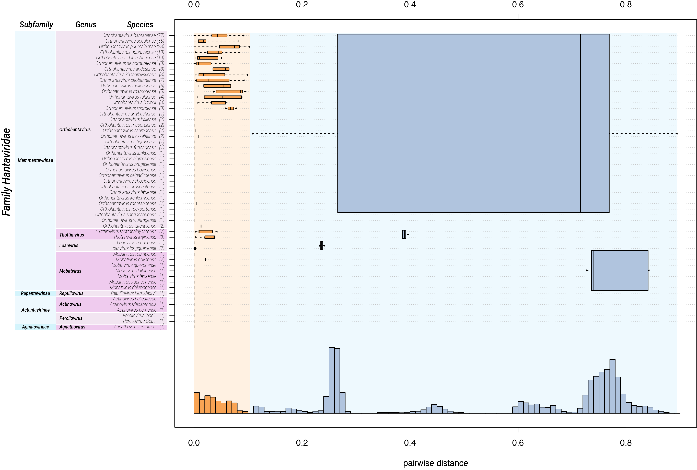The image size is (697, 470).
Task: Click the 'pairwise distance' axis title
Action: click(x=435, y=463)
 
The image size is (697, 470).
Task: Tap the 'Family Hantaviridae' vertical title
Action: click(x=7, y=172)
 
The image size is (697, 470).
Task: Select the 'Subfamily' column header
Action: click(x=36, y=25)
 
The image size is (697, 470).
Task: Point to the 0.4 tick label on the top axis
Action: click(x=410, y=5)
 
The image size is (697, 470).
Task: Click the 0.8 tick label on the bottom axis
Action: click(x=626, y=443)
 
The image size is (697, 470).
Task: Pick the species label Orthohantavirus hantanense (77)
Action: click(x=133, y=35)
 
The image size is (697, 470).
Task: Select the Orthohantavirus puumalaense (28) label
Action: click(x=131, y=46)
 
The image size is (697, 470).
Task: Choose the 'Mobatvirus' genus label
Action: click(x=70, y=271)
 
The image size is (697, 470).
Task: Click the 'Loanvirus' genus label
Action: click(x=69, y=245)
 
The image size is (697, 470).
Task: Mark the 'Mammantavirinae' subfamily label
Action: click(x=35, y=160)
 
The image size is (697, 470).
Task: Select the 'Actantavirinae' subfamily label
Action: click(x=35, y=310)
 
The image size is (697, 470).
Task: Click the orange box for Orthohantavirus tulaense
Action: click(x=223, y=97)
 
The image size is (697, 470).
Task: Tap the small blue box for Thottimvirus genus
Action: click(x=404, y=234)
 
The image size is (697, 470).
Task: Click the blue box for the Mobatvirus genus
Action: click(x=620, y=270)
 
